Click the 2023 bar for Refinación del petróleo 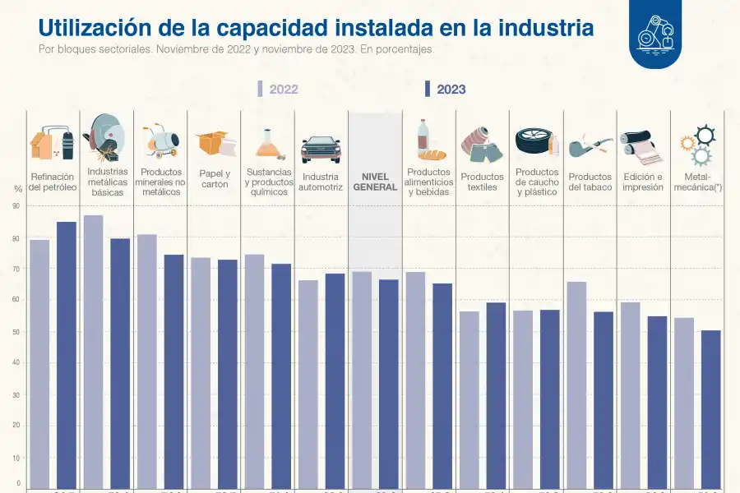click(x=66, y=353)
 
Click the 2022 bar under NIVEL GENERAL click(x=362, y=379)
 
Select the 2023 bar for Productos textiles click(x=496, y=394)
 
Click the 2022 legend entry click(x=278, y=89)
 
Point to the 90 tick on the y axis click(x=16, y=206)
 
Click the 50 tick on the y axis click(x=16, y=332)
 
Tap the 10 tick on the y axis click(x=16, y=458)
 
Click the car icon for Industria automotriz click(x=321, y=149)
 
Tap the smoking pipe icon click(x=590, y=145)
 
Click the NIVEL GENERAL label click(x=375, y=182)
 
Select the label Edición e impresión click(x=643, y=182)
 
